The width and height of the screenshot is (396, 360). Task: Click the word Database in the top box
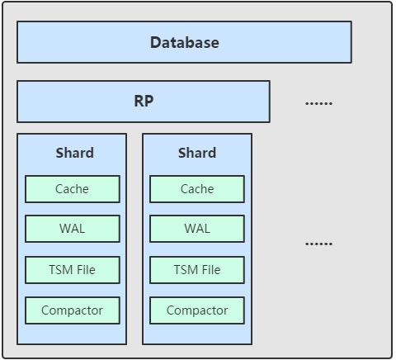pyautogui.click(x=185, y=43)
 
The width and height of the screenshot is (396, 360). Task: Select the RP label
pyautogui.click(x=144, y=101)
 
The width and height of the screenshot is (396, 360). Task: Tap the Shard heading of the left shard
pyautogui.click(x=75, y=153)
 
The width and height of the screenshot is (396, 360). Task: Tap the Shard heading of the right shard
pyautogui.click(x=197, y=153)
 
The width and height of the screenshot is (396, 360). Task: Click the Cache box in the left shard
pyautogui.click(x=73, y=189)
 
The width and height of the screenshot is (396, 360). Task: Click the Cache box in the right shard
pyautogui.click(x=197, y=189)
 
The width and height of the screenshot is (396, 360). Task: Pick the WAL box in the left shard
pyautogui.click(x=73, y=229)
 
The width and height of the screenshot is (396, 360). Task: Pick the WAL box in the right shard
pyautogui.click(x=197, y=229)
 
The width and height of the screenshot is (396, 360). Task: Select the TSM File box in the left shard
pyautogui.click(x=73, y=270)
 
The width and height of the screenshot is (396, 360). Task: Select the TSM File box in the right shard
pyautogui.click(x=197, y=270)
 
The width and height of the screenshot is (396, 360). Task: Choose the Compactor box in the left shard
pyautogui.click(x=73, y=310)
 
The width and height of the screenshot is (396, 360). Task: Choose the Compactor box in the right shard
pyautogui.click(x=197, y=310)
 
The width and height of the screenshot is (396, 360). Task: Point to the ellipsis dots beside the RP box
pyautogui.click(x=319, y=103)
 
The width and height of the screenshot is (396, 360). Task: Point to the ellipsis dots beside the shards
pyautogui.click(x=319, y=244)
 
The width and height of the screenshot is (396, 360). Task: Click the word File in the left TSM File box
pyautogui.click(x=86, y=270)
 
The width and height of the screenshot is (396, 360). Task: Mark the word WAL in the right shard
pyautogui.click(x=197, y=229)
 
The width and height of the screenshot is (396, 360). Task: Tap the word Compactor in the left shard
pyautogui.click(x=72, y=310)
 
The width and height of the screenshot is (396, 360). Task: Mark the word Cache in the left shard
pyautogui.click(x=72, y=189)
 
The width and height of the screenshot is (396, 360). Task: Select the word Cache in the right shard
pyautogui.click(x=197, y=189)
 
